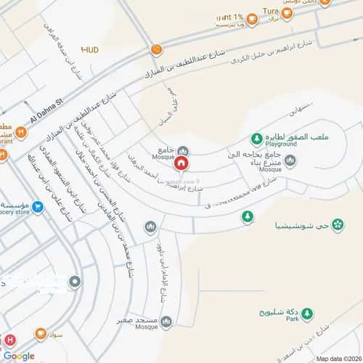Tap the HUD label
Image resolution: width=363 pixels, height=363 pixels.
point(90,50)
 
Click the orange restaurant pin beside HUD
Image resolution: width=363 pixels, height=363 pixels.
point(155,50)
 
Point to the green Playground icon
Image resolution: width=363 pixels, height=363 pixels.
point(256,139)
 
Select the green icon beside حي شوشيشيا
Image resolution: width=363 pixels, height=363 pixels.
point(248,216)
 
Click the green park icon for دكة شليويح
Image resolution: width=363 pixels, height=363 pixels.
point(308,313)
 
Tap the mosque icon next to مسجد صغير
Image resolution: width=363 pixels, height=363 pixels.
point(166,321)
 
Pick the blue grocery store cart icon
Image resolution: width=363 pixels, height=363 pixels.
point(38,207)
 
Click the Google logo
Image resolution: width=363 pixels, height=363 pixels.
point(18,356)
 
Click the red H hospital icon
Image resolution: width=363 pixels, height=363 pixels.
point(9,340)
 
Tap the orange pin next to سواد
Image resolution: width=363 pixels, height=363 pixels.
point(41,334)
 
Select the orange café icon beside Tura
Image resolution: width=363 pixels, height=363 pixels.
point(287,14)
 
